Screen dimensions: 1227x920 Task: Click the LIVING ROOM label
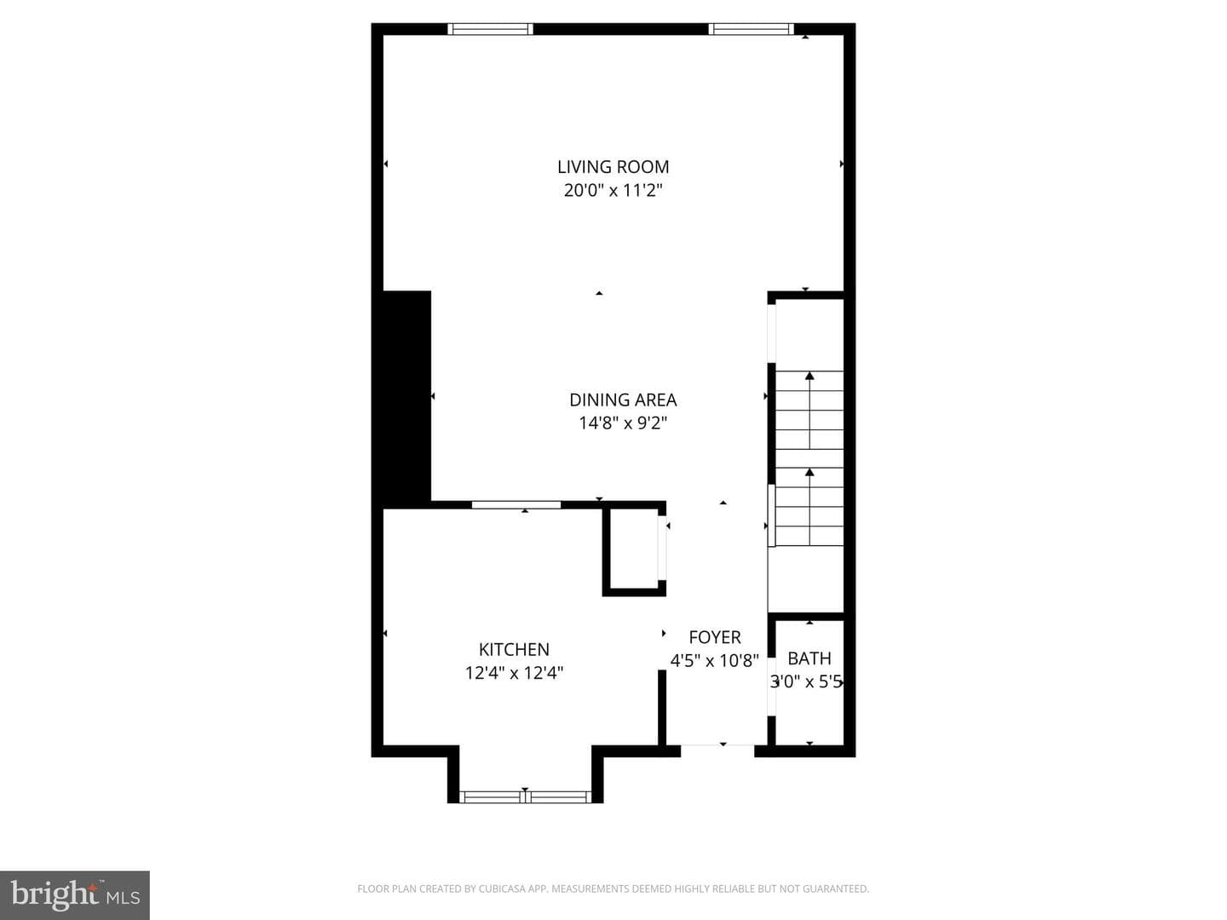(x=613, y=166)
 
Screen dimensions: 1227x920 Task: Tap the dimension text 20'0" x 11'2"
(x=613, y=191)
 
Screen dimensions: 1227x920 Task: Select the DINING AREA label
(x=623, y=400)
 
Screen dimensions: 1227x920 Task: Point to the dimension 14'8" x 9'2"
(x=623, y=423)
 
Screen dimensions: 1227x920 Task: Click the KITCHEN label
(x=514, y=649)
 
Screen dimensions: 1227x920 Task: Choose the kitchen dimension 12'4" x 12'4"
(x=514, y=673)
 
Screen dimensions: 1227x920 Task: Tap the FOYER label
(x=714, y=637)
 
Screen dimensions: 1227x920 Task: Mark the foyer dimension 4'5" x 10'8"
(x=714, y=661)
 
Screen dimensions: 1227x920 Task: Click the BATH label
(x=809, y=658)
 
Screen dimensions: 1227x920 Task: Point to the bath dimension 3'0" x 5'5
(x=806, y=682)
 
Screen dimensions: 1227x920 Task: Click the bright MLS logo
(x=75, y=895)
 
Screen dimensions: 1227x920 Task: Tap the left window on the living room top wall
(x=490, y=29)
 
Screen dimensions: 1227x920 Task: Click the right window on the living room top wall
(x=752, y=29)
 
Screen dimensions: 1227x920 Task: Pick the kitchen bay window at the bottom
(x=525, y=797)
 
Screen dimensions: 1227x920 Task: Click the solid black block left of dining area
(x=406, y=400)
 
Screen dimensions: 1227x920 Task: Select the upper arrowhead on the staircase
(x=809, y=376)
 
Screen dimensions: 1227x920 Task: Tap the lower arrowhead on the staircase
(x=809, y=473)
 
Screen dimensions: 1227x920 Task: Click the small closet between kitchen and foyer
(x=634, y=549)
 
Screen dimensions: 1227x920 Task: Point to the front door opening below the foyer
(x=717, y=745)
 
